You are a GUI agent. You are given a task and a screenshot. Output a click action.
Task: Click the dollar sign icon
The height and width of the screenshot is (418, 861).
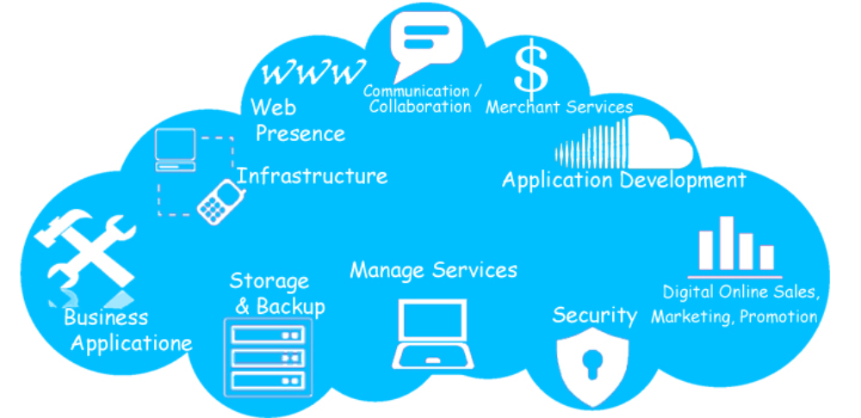tap(530, 70)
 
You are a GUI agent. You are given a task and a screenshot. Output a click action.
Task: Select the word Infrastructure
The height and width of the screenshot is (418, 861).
tap(312, 176)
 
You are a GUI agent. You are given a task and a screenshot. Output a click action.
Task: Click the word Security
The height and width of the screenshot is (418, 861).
tap(594, 315)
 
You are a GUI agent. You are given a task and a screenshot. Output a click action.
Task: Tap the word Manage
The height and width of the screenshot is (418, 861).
tap(387, 270)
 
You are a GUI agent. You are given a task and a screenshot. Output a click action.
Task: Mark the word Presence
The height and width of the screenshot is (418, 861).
tap(300, 133)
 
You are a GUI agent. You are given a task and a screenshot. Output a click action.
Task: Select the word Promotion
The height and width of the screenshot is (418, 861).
tap(778, 317)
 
